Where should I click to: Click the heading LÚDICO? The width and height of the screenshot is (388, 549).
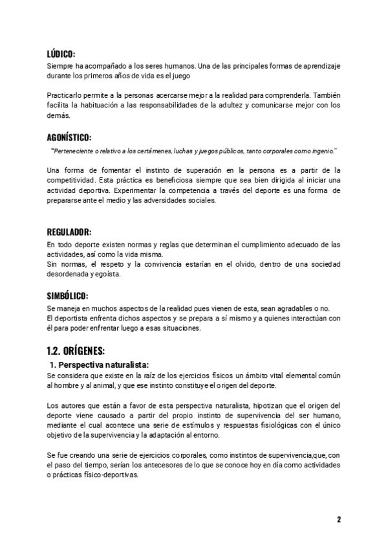pyautogui.click(x=61, y=54)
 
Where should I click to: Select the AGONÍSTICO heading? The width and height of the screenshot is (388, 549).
pyautogui.click(x=69, y=138)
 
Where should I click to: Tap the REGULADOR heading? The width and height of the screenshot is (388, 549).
pyautogui.click(x=68, y=232)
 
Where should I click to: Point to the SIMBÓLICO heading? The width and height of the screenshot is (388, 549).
pyautogui.click(x=67, y=295)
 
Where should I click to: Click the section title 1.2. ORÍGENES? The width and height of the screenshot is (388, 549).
pyautogui.click(x=75, y=351)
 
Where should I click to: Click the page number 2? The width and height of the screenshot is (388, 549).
pyautogui.click(x=338, y=519)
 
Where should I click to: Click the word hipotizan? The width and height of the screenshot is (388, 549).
pyautogui.click(x=263, y=405)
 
